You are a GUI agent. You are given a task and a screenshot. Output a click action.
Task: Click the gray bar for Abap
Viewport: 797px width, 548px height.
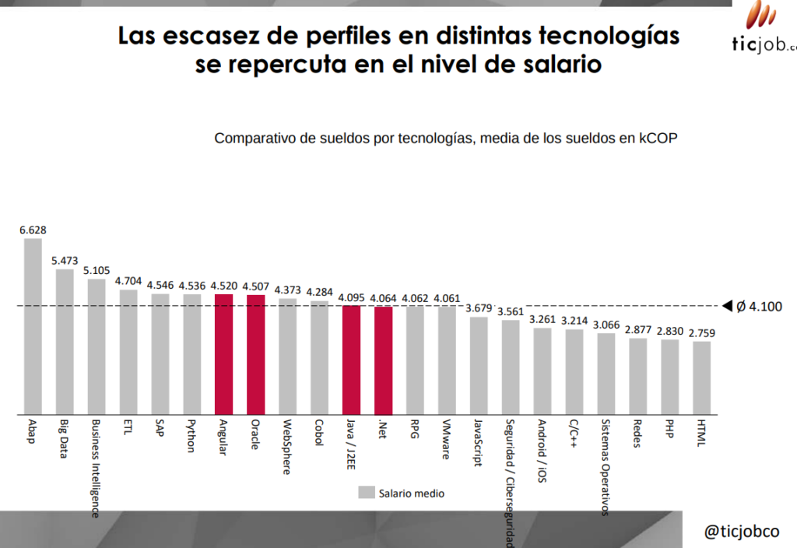pyautogui.click(x=33, y=326)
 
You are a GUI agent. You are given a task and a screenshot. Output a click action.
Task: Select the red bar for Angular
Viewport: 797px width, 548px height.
pyautogui.click(x=223, y=354)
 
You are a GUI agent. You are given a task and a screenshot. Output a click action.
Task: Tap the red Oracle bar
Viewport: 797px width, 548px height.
pyautogui.click(x=255, y=355)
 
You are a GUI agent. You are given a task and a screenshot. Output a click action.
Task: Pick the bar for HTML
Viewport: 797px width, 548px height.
pyautogui.click(x=701, y=378)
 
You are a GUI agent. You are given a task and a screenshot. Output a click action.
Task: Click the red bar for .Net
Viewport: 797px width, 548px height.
pyautogui.click(x=383, y=360)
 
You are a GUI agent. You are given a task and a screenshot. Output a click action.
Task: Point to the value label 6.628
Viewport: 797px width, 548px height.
pyautogui.click(x=33, y=230)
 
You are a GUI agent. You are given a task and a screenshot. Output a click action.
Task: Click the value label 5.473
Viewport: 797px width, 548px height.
pyautogui.click(x=65, y=261)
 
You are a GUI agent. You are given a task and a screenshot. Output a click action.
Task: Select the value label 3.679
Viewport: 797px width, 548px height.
pyautogui.click(x=479, y=308)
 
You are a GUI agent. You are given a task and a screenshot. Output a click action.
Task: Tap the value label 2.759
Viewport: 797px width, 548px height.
pyautogui.click(x=701, y=333)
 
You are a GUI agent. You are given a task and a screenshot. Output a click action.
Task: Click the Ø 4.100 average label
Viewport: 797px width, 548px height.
pyautogui.click(x=759, y=307)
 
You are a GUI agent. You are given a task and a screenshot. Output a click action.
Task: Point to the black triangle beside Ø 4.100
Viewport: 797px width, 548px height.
pyautogui.click(x=728, y=305)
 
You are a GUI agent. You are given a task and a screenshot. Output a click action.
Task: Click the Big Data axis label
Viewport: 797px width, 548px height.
pyautogui.click(x=64, y=439)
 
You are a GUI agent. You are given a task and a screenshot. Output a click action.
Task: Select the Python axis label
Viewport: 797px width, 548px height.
pyautogui.click(x=191, y=436)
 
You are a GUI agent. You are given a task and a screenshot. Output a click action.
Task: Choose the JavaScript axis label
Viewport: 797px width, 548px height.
pyautogui.click(x=478, y=442)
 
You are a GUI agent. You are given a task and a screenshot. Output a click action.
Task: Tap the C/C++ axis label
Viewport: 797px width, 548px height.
pyautogui.click(x=574, y=433)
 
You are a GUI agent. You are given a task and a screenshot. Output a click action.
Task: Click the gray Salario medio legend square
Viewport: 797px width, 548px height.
pyautogui.click(x=367, y=492)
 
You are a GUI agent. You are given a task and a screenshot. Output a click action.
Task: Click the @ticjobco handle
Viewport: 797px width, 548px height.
pyautogui.click(x=742, y=531)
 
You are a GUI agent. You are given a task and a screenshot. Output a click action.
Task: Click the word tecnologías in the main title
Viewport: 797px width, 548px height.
pyautogui.click(x=609, y=36)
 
